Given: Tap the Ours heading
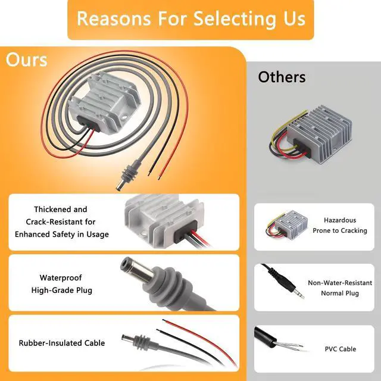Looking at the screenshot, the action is [x=26, y=60].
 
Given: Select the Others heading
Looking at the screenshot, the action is [x=282, y=77].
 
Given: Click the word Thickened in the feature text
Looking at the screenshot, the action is [x=50, y=209].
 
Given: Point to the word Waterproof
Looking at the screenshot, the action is [x=61, y=277].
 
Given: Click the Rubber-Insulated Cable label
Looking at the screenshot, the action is [x=62, y=343].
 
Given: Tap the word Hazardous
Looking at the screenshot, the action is [x=340, y=220].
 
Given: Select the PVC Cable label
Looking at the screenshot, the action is [x=341, y=349].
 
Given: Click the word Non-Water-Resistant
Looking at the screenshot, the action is [x=340, y=283].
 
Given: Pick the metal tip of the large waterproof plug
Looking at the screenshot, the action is [x=138, y=271].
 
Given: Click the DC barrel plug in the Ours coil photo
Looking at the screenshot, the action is [x=126, y=176].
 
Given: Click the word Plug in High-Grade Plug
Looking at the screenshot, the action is [x=84, y=291].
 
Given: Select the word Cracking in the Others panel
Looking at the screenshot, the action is [x=355, y=231].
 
